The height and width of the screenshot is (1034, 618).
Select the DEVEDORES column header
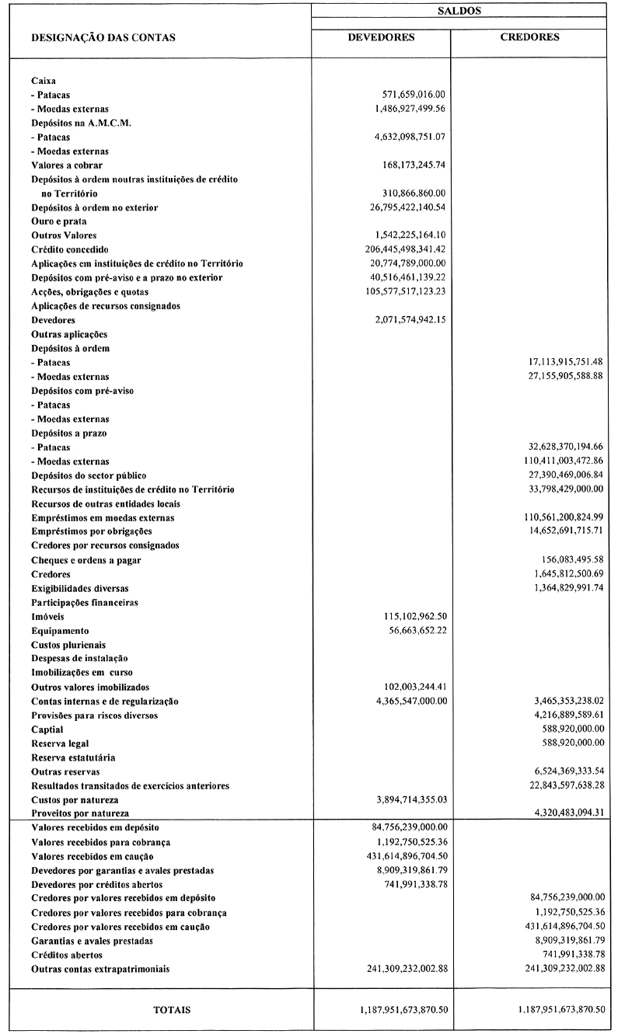pos(381,37)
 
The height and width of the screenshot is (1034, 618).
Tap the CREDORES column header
pos(530,37)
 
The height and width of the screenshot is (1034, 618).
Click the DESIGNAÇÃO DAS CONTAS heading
pos(103,37)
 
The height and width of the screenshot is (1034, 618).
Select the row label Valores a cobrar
pos(67,165)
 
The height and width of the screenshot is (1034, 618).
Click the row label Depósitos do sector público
pos(89,475)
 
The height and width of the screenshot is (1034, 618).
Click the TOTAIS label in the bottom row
pos(172,1009)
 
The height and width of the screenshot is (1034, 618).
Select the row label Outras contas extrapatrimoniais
pos(100,969)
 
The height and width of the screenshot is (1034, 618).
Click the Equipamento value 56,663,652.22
pos(414,630)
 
